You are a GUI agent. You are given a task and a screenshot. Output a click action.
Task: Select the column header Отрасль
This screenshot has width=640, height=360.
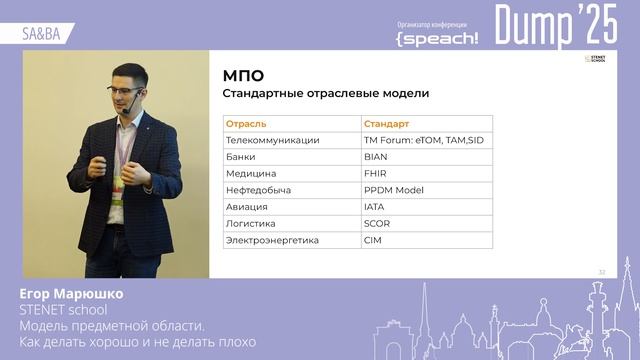[x=246, y=124]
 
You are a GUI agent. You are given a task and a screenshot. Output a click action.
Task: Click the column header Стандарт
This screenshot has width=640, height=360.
[x=387, y=124]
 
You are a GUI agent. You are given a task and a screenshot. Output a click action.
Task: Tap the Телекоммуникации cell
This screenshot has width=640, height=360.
[x=273, y=140]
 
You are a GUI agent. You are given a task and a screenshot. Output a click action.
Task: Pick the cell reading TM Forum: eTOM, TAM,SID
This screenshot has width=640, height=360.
[x=424, y=140]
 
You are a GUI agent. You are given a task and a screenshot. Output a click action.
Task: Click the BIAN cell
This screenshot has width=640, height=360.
[x=376, y=157]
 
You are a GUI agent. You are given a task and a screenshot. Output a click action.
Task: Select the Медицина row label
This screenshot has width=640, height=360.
[x=251, y=173]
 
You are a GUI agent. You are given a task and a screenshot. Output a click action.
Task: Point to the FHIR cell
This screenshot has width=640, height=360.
[x=376, y=173]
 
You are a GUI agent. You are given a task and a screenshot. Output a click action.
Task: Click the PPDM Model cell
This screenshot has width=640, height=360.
[x=394, y=190]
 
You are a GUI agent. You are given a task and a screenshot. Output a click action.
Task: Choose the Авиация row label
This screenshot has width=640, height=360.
[x=247, y=207]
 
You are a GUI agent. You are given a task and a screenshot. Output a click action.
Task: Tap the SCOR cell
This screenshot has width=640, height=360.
[x=377, y=223]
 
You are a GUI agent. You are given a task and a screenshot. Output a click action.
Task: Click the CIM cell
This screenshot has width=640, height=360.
[x=373, y=240]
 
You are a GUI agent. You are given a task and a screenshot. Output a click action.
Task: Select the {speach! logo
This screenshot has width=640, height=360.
[x=437, y=37]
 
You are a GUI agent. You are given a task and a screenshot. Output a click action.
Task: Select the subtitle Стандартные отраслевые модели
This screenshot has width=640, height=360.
[x=325, y=94]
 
